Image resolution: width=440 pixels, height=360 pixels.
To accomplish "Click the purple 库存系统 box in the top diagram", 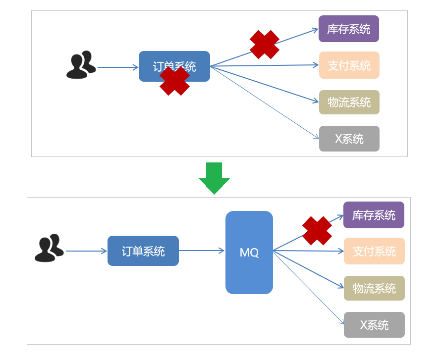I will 349,29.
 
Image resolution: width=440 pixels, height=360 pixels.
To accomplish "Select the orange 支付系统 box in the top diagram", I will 349,65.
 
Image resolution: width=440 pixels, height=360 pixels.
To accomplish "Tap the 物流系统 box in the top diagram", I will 349,102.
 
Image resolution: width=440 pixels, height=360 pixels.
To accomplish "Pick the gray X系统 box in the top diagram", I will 349,139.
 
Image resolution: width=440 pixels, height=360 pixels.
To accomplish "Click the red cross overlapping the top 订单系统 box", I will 174,81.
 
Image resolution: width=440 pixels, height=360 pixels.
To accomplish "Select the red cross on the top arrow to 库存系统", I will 265,45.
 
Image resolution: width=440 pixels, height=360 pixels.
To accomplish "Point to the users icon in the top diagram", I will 81,65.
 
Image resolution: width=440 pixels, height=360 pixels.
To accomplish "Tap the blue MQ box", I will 249,253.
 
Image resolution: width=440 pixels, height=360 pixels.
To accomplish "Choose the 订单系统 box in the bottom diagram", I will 143,251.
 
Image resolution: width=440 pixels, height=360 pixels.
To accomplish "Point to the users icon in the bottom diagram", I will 49,248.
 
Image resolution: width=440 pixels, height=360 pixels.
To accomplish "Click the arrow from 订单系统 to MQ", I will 201,251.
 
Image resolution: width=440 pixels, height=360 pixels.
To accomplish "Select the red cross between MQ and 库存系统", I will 317,231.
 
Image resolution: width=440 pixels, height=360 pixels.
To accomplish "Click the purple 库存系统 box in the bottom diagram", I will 374,215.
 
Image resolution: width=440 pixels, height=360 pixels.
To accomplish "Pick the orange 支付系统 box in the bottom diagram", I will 374,251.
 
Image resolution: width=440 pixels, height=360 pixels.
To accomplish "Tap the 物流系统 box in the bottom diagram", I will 374,288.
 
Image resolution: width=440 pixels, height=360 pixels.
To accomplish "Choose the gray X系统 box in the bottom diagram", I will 374,325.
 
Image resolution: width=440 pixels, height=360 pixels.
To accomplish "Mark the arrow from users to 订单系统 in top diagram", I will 117,67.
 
